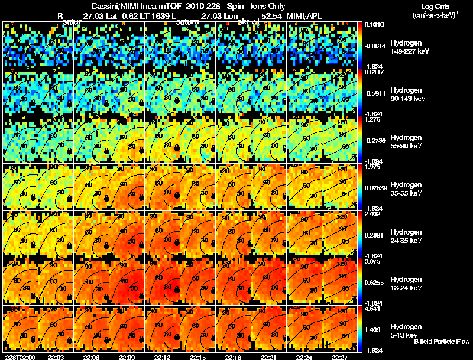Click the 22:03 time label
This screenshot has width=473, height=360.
[56, 356]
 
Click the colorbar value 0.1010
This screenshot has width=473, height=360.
[374, 25]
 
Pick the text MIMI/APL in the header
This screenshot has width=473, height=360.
[304, 17]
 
